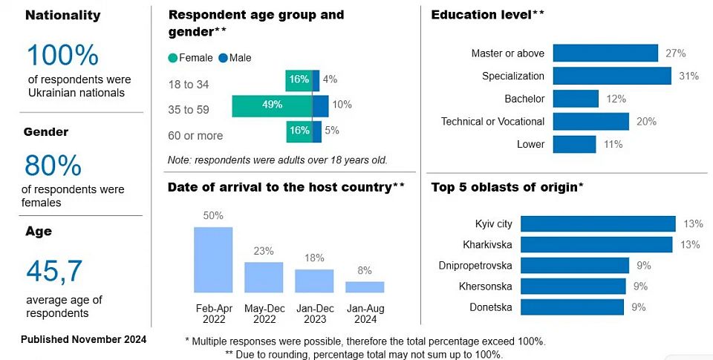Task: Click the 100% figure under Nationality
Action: tap(63, 56)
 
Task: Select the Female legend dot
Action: tap(173, 58)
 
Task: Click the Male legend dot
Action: tap(224, 58)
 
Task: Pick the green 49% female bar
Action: tap(272, 105)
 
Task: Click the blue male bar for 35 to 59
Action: tap(320, 105)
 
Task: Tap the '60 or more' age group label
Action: tap(196, 136)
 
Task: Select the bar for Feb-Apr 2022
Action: tap(213, 259)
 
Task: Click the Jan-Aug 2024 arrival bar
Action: tap(365, 287)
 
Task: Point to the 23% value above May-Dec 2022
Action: tap(264, 251)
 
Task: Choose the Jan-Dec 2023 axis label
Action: tap(314, 313)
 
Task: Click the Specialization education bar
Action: tap(612, 76)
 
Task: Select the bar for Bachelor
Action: tap(576, 99)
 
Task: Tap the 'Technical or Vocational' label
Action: tap(492, 122)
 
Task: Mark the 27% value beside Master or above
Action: tap(675, 53)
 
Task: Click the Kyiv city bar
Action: tap(597, 223)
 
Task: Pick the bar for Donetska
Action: tap(572, 307)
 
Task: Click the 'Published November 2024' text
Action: tap(83, 339)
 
